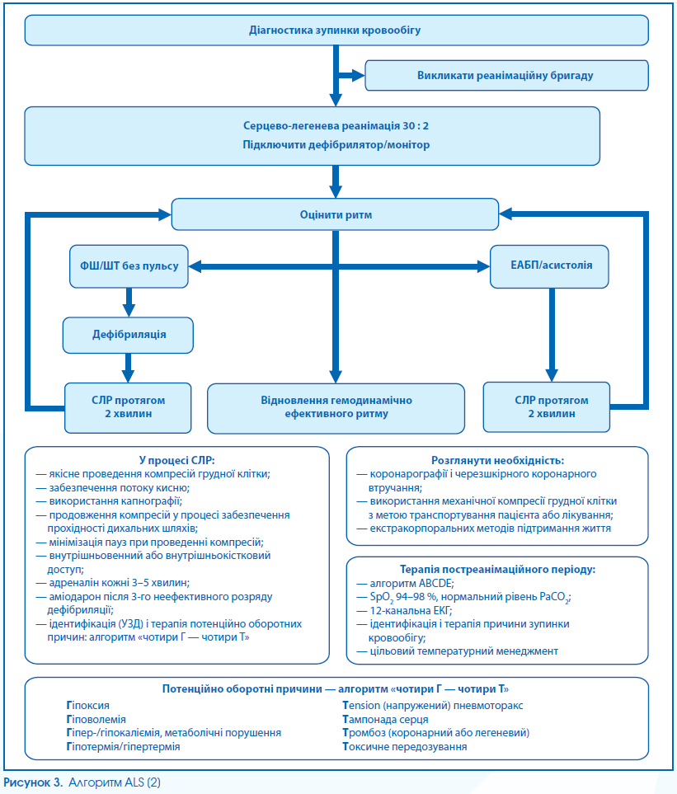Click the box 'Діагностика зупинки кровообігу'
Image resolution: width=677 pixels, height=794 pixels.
click(336, 31)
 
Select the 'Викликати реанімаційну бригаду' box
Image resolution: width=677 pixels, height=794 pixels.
click(506, 76)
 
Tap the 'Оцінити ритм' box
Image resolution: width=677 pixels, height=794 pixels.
click(336, 214)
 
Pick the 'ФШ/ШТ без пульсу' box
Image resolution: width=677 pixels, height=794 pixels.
click(129, 266)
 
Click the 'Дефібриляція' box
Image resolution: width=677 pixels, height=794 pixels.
click(128, 335)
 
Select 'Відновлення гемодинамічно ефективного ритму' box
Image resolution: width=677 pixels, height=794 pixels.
click(336, 407)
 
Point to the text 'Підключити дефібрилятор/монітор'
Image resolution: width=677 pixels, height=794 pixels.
click(336, 145)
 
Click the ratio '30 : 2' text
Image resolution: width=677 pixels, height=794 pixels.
click(416, 125)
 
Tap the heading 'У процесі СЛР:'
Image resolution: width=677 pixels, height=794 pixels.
click(176, 460)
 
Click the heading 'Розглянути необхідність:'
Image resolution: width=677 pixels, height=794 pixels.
click(497, 460)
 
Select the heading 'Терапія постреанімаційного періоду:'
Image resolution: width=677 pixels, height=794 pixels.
click(497, 569)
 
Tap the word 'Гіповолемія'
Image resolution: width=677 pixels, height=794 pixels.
click(96, 720)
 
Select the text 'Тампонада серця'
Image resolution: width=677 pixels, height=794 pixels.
click(385, 720)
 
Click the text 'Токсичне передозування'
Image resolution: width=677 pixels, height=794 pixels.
click(405, 747)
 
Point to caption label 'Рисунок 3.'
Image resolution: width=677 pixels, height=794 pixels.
click(34, 782)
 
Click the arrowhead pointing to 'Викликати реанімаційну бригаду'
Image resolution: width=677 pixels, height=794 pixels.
click(359, 76)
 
